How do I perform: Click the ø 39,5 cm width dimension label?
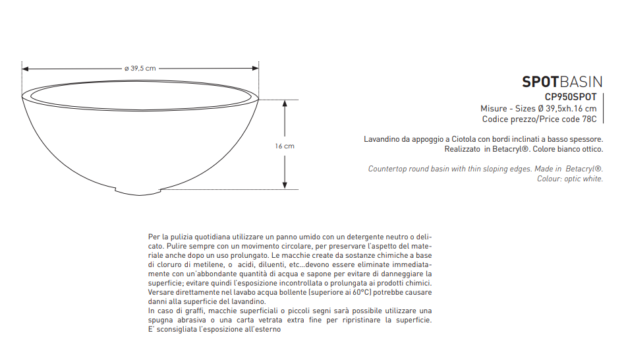coord(140,68)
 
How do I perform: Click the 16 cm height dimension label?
coord(285,146)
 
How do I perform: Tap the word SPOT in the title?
coord(540,82)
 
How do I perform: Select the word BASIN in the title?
coord(581,82)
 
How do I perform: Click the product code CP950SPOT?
coord(571,97)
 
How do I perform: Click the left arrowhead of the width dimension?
coord(25,68)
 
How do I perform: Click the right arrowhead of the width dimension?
coord(256,68)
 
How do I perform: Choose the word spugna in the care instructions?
coord(162,320)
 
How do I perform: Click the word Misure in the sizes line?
coord(494,108)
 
